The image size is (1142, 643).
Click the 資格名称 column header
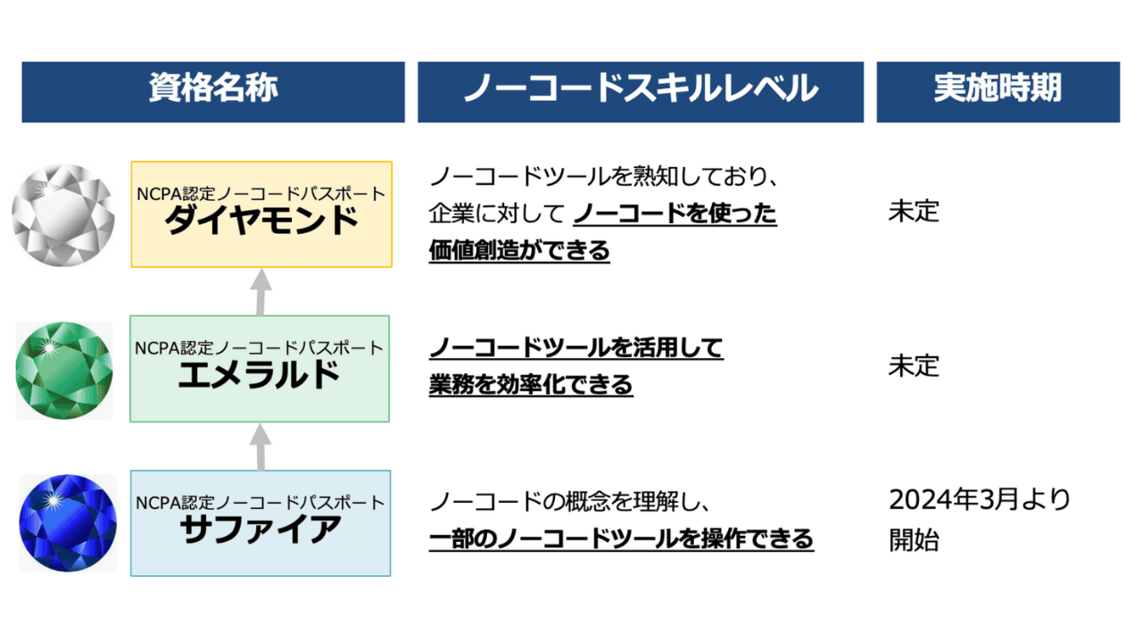pos(213,90)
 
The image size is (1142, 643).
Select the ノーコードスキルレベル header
pos(640,90)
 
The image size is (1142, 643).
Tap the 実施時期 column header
pos(997,90)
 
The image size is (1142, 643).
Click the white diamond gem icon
pos(63,214)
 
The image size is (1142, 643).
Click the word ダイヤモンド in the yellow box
pos(261,221)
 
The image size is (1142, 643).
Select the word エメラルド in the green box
pos(260,375)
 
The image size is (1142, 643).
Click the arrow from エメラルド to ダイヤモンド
pos(260,292)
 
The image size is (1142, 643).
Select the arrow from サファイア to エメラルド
pos(260,446)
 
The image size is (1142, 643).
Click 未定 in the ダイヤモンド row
pos(914,213)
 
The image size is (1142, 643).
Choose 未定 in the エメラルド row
pos(914,366)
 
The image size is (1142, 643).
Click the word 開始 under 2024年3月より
pos(914,539)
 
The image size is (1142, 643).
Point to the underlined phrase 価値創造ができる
pos(519,251)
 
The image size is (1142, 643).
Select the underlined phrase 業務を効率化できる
pos(531,385)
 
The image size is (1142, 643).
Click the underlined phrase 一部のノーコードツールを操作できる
pos(621,539)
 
